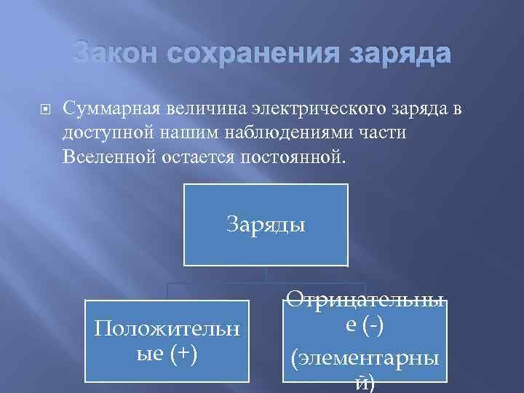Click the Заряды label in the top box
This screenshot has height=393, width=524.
pyautogui.click(x=266, y=223)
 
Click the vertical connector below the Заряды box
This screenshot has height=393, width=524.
pyautogui.click(x=266, y=274)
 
